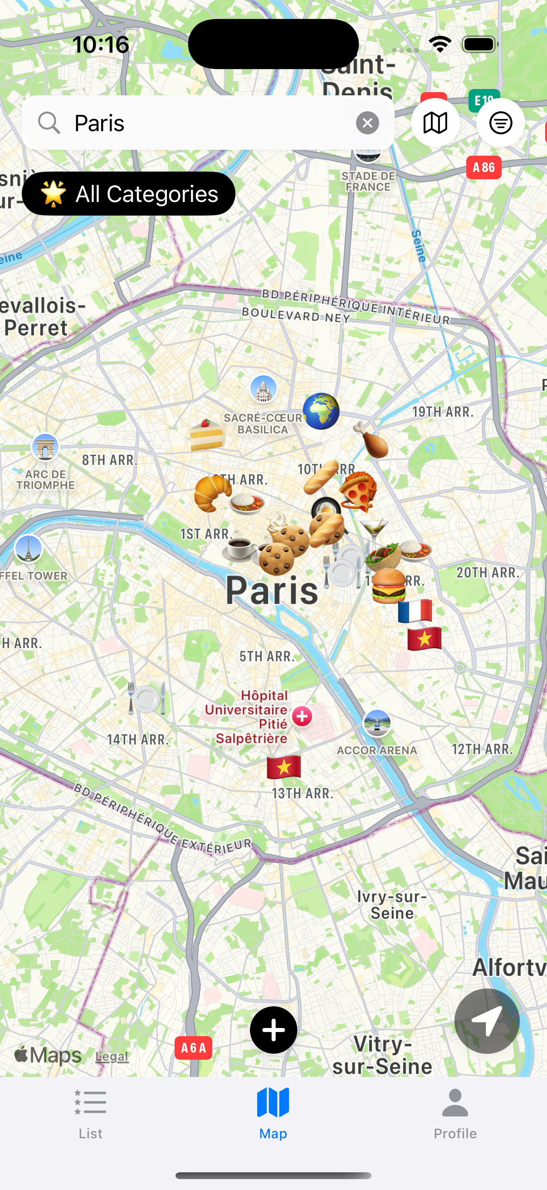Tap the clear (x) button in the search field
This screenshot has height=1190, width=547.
tap(367, 123)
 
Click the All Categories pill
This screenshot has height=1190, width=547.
tap(128, 193)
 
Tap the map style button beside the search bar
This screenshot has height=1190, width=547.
tap(435, 123)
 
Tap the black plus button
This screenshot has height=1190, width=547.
tap(273, 1030)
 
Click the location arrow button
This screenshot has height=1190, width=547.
tap(487, 1021)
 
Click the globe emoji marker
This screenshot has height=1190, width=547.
tap(321, 411)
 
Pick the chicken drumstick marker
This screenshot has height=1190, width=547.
tap(371, 440)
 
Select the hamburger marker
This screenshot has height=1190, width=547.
tap(389, 586)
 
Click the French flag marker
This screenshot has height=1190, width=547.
tap(415, 611)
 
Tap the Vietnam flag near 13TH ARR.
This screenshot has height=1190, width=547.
tap(284, 767)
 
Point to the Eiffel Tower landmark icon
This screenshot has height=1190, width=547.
tap(29, 549)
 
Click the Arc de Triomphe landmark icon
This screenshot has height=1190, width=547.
tap(45, 447)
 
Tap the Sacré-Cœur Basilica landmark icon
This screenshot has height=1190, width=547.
tap(264, 388)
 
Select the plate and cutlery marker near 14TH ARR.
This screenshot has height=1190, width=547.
tap(147, 698)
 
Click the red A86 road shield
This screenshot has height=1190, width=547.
tap(484, 167)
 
